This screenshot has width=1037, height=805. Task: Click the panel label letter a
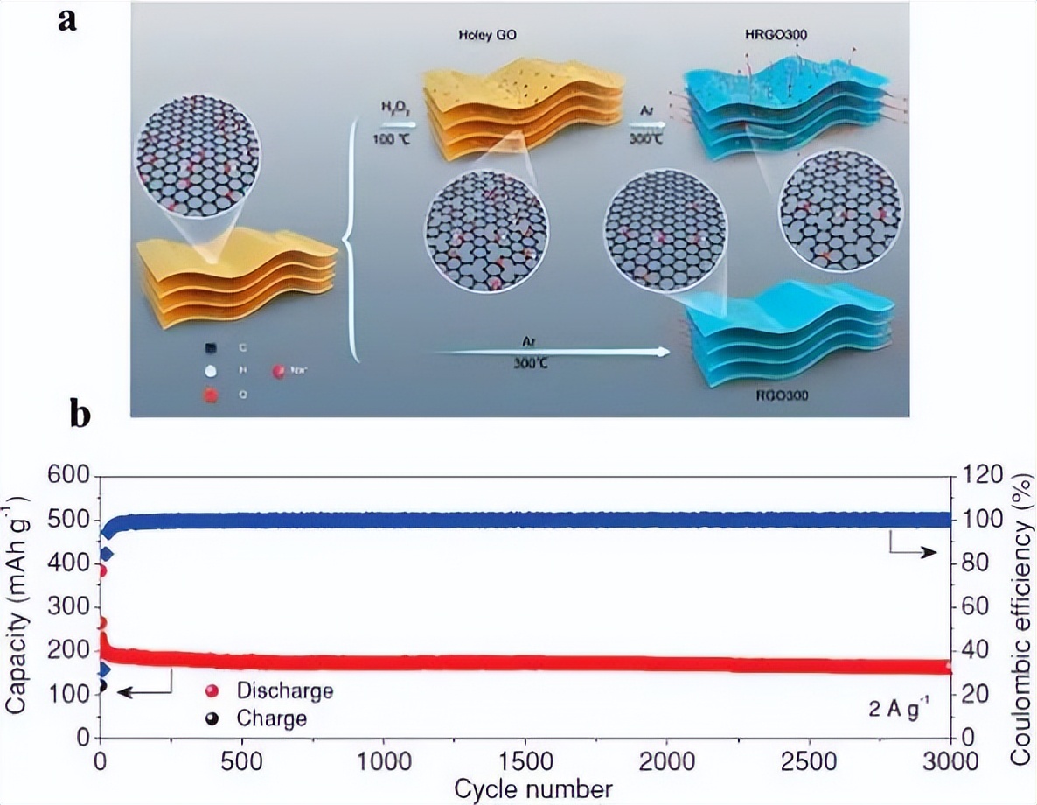[x=68, y=18]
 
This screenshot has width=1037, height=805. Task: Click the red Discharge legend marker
[x=211, y=691]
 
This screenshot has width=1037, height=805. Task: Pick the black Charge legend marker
[x=211, y=719]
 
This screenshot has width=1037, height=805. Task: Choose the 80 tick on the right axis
[x=970, y=563]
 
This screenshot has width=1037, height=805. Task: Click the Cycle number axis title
[x=524, y=787]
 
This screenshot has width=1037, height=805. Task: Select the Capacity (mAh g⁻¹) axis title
[x=16, y=606]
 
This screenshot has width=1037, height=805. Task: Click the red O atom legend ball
[x=211, y=395]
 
